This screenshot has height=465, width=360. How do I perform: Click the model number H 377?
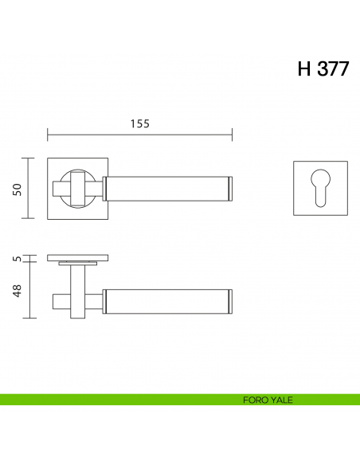click(323, 68)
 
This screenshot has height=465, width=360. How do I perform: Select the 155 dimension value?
click(139, 123)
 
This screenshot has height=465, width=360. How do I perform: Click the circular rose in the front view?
click(78, 188)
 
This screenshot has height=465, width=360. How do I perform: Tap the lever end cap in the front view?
click(230, 188)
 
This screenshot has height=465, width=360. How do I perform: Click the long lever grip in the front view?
click(167, 188)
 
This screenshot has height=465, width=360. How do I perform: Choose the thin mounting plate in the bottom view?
click(78, 258)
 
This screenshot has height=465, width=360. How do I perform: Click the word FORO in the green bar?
click(255, 401)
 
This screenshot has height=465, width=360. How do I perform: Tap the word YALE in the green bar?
click(280, 401)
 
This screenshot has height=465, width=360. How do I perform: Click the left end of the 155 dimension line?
click(48, 134)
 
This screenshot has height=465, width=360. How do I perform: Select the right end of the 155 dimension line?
click(233, 134)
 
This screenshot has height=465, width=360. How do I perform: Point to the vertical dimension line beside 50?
click(30, 188)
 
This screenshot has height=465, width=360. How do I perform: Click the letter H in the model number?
click(304, 68)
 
